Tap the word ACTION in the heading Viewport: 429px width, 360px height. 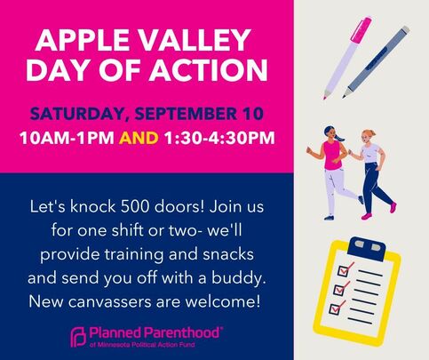point(208,70)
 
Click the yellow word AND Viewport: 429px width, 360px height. point(139,138)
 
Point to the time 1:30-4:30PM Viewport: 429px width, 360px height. point(219,138)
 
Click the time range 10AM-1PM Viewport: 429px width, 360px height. point(68,138)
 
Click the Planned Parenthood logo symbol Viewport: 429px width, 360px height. point(78,338)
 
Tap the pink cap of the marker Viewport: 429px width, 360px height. point(361,29)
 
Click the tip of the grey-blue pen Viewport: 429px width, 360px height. point(345,95)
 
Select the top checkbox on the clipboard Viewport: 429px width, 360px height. point(344,270)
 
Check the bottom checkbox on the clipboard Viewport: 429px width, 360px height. point(335,308)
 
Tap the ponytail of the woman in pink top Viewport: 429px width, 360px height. point(338,137)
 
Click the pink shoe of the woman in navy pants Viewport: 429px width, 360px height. point(393,207)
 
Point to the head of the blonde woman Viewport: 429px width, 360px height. point(368,137)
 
